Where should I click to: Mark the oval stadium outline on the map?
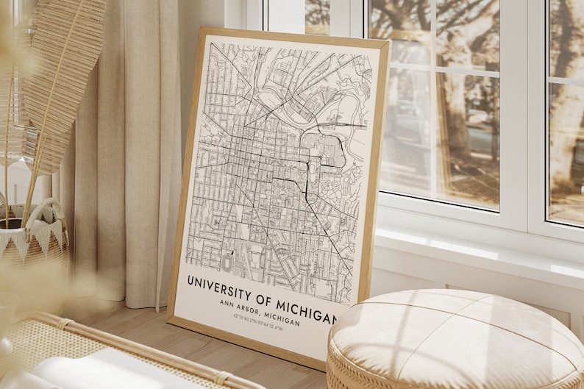coord(228,262)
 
